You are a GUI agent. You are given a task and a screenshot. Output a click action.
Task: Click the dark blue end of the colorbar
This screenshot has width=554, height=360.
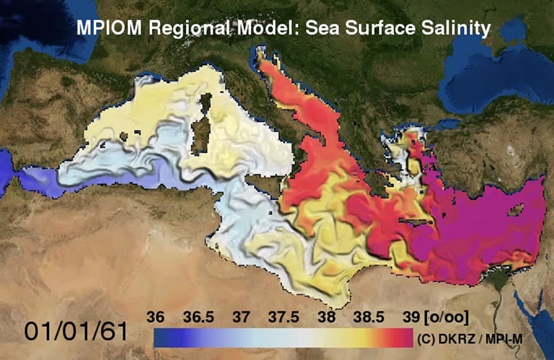tap(160, 337)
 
